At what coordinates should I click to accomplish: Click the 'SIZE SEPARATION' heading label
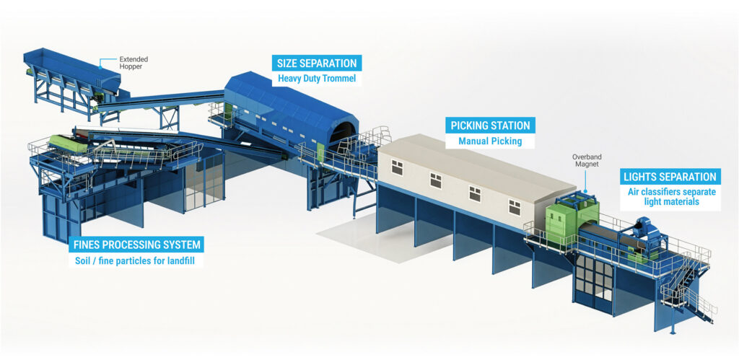(317, 63)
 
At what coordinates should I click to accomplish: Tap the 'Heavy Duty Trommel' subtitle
(317, 78)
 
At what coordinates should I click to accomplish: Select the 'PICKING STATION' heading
(490, 126)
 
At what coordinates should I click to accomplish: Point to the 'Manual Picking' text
(490, 141)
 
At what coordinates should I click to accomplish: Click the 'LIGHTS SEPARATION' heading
(670, 177)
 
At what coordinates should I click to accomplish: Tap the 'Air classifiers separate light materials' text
(671, 196)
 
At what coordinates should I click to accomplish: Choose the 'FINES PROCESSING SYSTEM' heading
(137, 245)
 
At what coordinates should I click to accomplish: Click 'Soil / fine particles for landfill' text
(136, 260)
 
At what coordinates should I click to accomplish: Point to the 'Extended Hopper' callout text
(134, 63)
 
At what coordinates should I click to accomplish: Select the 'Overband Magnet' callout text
(586, 161)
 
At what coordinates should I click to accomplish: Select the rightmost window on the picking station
(514, 207)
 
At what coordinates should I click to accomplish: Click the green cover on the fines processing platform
(69, 144)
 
